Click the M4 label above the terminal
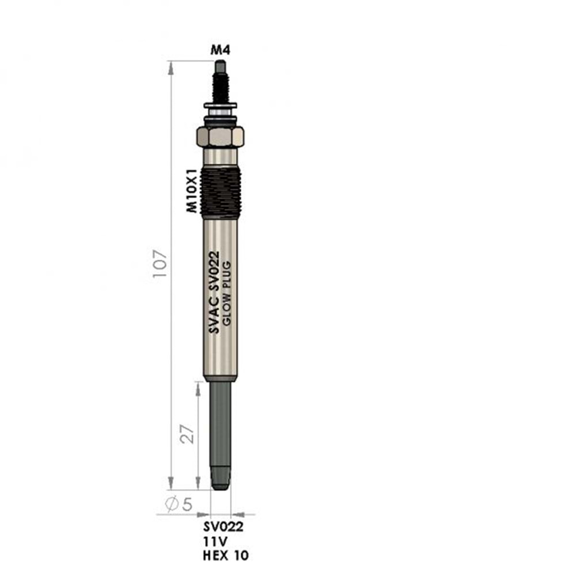(x=221, y=50)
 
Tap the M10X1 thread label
(x=192, y=191)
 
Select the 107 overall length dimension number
(x=160, y=264)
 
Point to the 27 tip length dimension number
(x=187, y=434)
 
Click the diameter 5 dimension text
(x=179, y=504)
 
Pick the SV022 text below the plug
(x=223, y=527)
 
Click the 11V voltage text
(x=215, y=541)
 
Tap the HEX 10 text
(x=226, y=556)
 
